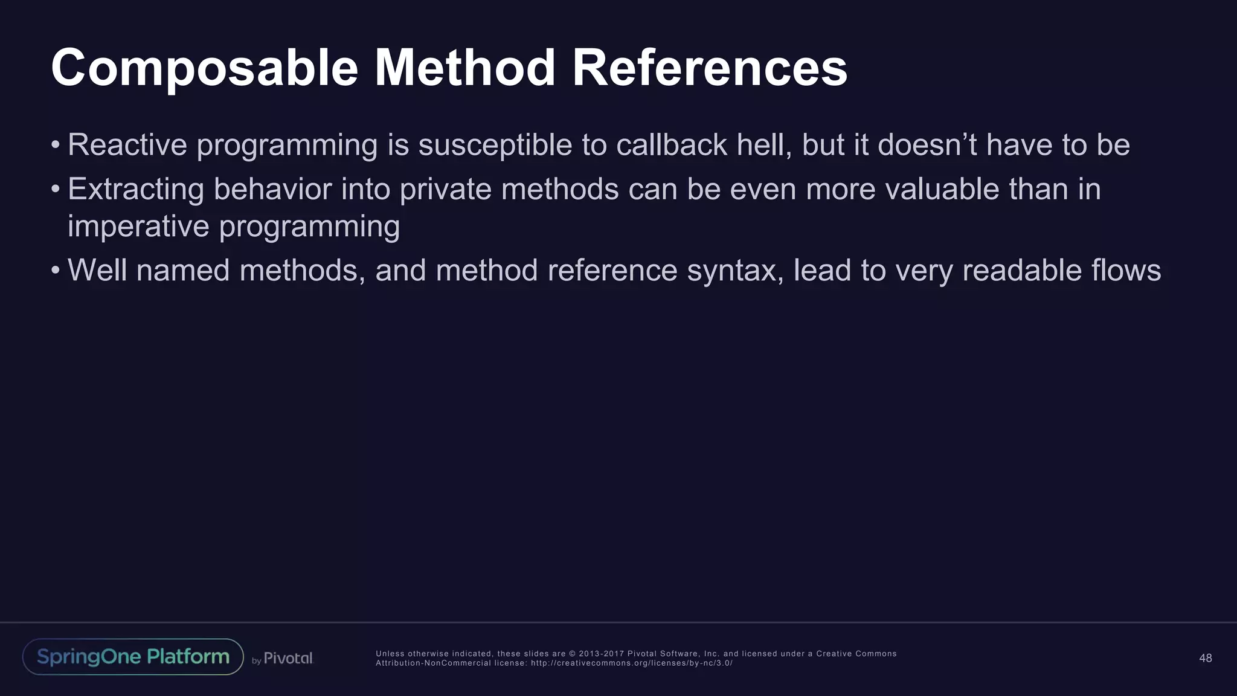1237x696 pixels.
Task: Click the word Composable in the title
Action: pyautogui.click(x=204, y=68)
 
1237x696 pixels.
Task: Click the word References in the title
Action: pyautogui.click(x=709, y=68)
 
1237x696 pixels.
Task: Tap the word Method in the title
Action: pyautogui.click(x=464, y=68)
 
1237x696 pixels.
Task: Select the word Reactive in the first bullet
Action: pyautogui.click(x=127, y=145)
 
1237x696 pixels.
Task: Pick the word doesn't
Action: pyautogui.click(x=927, y=145)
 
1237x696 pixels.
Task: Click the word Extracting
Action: pyautogui.click(x=136, y=189)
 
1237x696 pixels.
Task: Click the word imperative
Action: pyautogui.click(x=138, y=227)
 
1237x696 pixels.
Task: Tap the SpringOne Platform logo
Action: pyautogui.click(x=133, y=657)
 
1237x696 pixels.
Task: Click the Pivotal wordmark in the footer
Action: pyautogui.click(x=288, y=659)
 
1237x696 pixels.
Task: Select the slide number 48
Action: pyautogui.click(x=1205, y=658)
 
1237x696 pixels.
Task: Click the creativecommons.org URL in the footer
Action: pyautogui.click(x=631, y=663)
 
